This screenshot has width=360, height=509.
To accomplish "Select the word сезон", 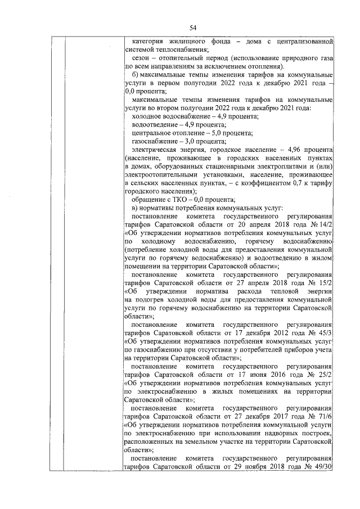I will click(140, 58).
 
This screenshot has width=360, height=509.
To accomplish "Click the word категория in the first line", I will click(147, 42).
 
